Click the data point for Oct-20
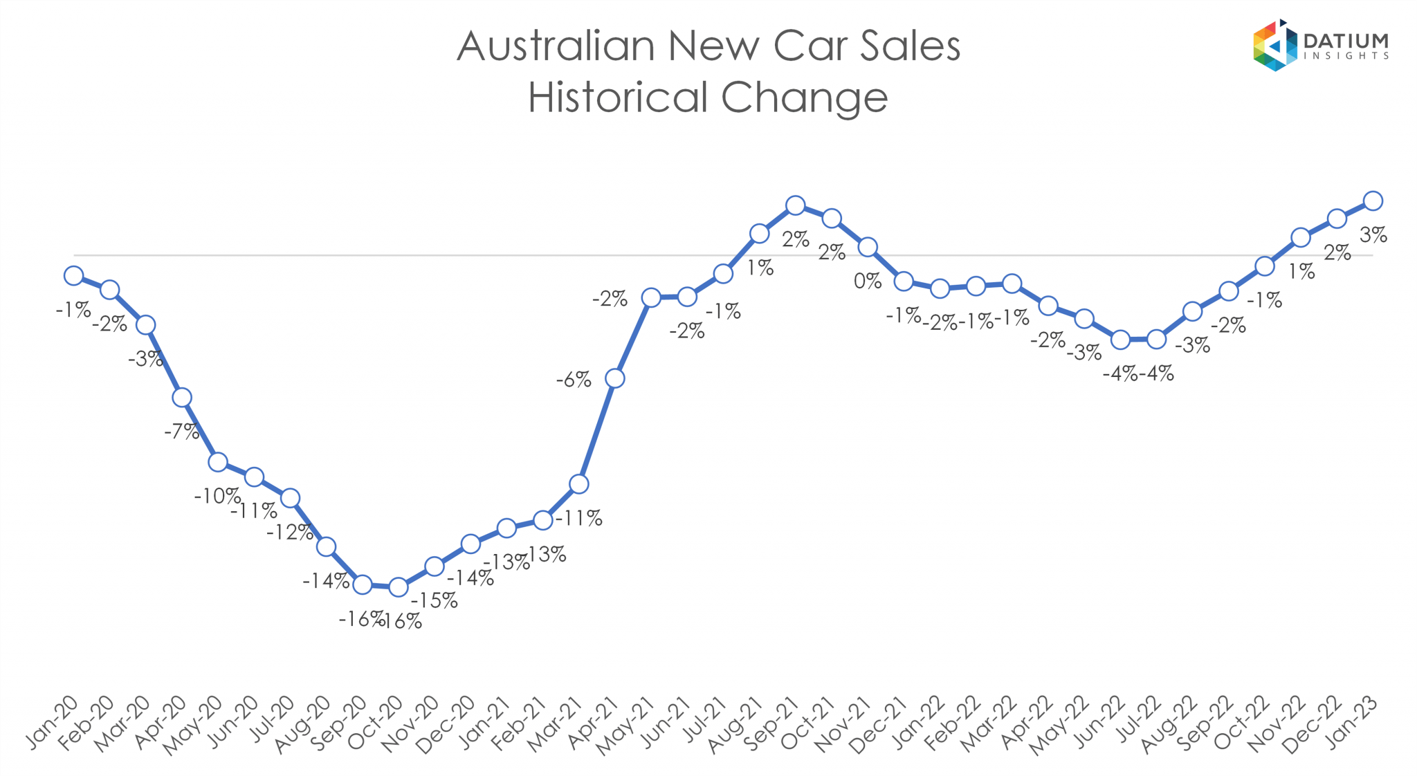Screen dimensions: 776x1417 pyautogui.click(x=398, y=587)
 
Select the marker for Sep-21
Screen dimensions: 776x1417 pyautogui.click(x=796, y=205)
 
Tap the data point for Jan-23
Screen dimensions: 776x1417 pyautogui.click(x=1373, y=201)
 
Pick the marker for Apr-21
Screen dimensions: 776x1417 pyautogui.click(x=614, y=378)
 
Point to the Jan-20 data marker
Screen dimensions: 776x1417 pyautogui.click(x=73, y=276)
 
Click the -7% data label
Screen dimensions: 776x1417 pyautogui.click(x=181, y=432)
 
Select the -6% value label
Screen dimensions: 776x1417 pyautogui.click(x=574, y=380)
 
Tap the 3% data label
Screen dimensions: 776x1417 pyautogui.click(x=1373, y=235)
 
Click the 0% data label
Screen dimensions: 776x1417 pyautogui.click(x=868, y=281)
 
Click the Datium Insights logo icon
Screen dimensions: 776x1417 pyautogui.click(x=1274, y=46)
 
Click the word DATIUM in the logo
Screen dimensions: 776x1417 pyautogui.click(x=1345, y=41)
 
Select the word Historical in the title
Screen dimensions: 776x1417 pyautogui.click(x=619, y=97)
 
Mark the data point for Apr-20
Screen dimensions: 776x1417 pyautogui.click(x=182, y=397)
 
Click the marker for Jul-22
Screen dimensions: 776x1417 pyautogui.click(x=1156, y=339)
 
